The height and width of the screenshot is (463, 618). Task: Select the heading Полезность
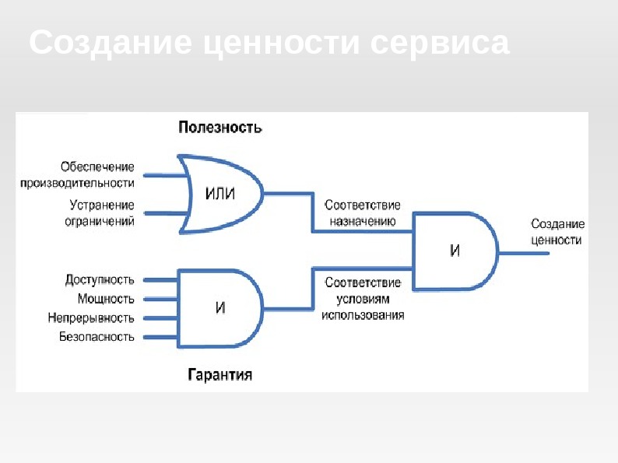tap(220, 127)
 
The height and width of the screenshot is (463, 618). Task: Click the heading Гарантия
tap(220, 375)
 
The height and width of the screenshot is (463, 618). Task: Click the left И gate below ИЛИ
tap(220, 307)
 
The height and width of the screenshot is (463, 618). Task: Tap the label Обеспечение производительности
tap(98, 174)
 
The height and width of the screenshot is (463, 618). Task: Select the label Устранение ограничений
tap(100, 212)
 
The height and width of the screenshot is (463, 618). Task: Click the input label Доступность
tap(100, 279)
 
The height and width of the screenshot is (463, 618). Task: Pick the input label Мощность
tap(106, 299)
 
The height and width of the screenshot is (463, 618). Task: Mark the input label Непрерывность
tap(90, 318)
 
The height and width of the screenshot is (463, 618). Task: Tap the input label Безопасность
tap(97, 337)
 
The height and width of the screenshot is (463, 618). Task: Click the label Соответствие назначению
tap(362, 213)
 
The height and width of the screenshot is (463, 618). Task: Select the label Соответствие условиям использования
tap(363, 299)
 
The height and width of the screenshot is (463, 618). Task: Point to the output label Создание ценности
tap(556, 232)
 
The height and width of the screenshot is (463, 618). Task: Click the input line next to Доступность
tap(161, 279)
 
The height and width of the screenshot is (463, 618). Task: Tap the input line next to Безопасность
tap(161, 338)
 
